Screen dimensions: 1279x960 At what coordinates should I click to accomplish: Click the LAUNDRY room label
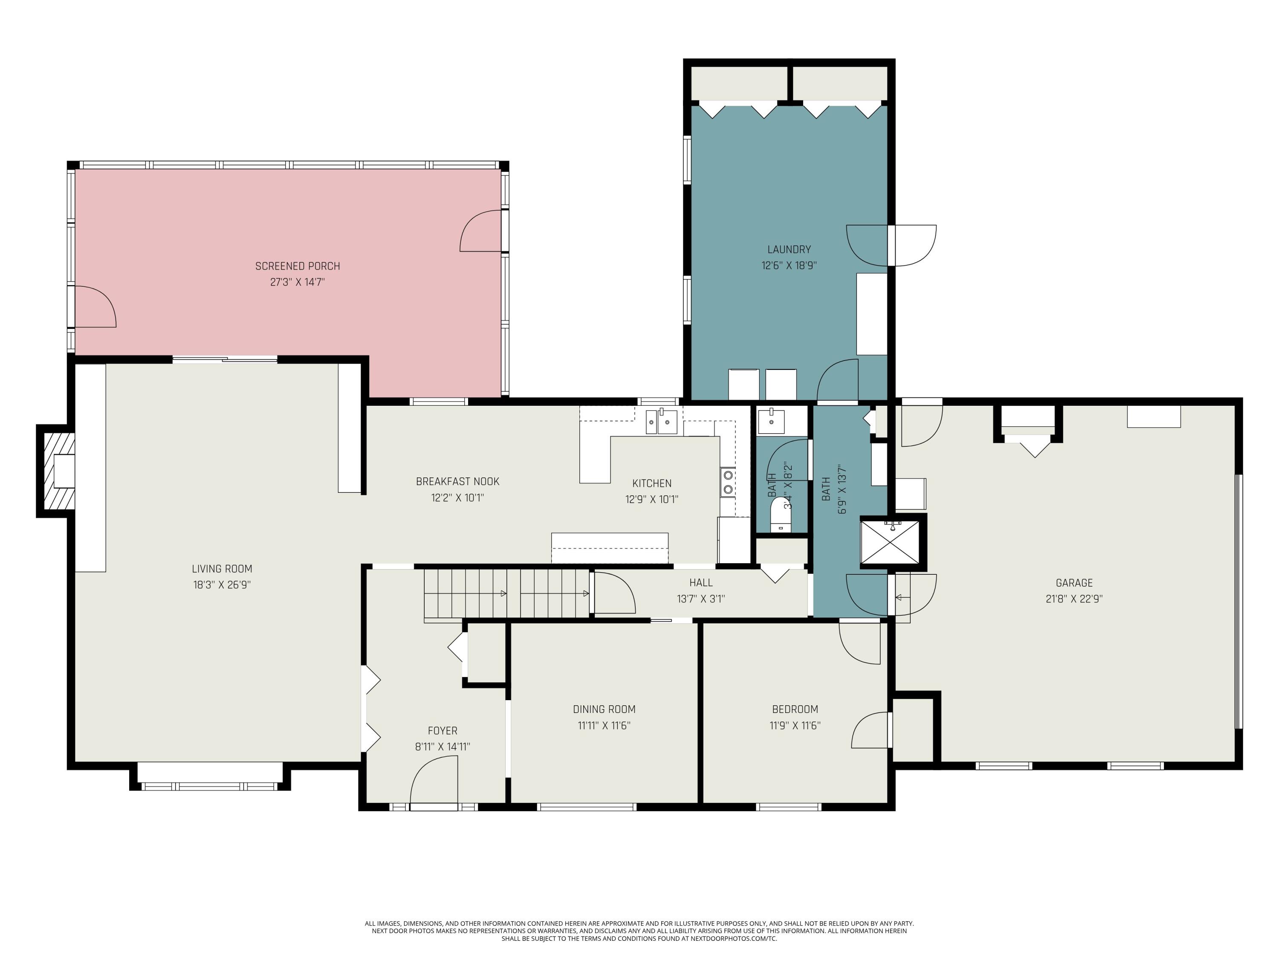(x=789, y=250)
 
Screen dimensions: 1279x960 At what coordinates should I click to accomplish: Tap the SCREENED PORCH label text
(x=297, y=266)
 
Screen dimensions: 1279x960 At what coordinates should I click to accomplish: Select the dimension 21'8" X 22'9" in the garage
(x=1074, y=599)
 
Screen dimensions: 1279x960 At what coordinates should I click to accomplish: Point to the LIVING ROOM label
(x=222, y=569)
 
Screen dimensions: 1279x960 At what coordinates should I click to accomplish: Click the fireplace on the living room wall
(x=56, y=471)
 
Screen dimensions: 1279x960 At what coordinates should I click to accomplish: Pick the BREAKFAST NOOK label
(x=457, y=481)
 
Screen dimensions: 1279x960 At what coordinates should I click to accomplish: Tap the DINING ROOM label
(x=604, y=710)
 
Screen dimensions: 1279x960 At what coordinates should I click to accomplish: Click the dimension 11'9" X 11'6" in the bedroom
(x=795, y=726)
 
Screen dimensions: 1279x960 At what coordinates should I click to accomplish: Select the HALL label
(x=701, y=583)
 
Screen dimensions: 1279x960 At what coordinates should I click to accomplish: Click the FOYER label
(x=443, y=731)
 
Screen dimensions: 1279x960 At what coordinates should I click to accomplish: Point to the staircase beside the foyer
(x=506, y=594)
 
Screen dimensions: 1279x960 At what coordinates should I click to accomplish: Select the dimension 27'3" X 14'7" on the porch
(x=297, y=282)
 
